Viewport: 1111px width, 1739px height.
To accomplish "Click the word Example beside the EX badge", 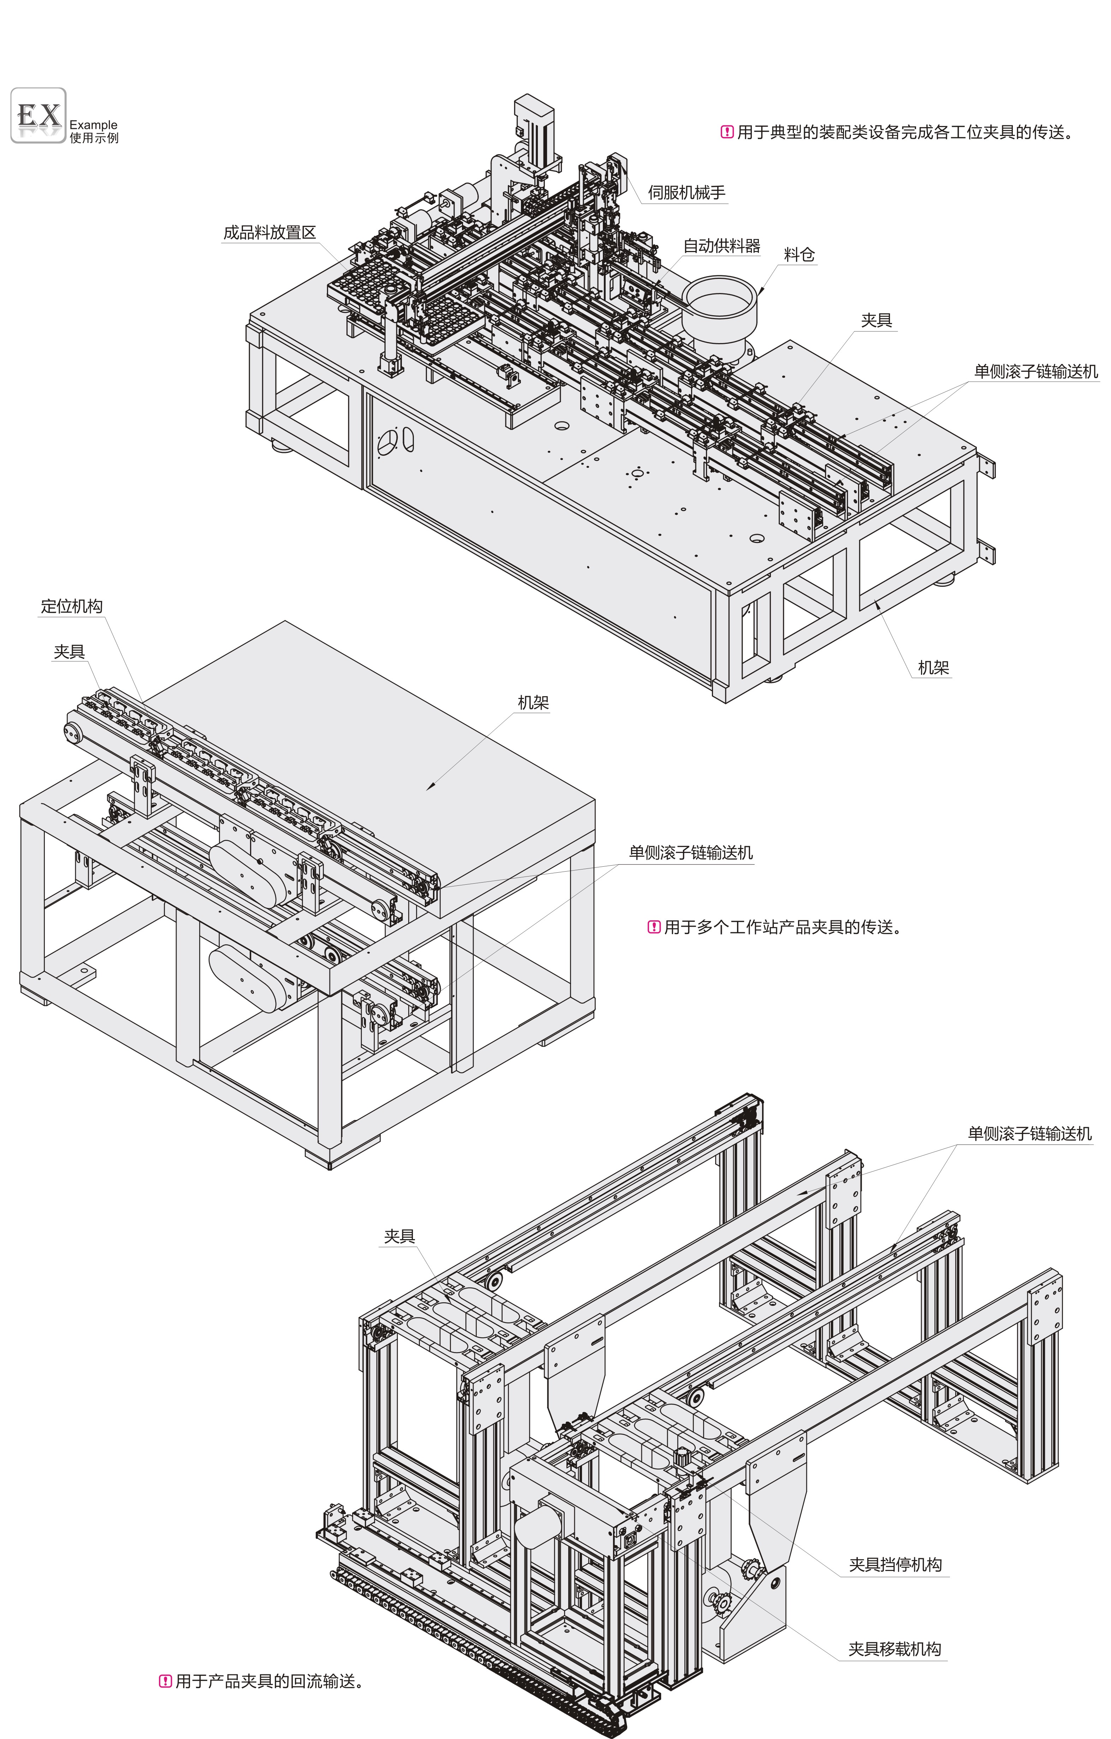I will [93, 125].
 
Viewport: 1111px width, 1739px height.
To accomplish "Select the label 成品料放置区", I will [269, 233].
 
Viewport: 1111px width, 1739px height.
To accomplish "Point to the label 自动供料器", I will [721, 246].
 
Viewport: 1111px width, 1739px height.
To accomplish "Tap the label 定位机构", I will [72, 606].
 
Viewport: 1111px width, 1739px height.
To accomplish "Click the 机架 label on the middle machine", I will [533, 703].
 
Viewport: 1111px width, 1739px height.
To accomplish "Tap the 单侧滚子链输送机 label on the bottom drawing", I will [1029, 1134].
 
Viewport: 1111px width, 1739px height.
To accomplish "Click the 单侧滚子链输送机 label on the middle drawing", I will [691, 853].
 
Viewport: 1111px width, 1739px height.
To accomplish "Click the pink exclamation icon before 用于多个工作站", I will [654, 927].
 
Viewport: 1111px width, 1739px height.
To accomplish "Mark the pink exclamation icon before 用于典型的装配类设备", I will [727, 132].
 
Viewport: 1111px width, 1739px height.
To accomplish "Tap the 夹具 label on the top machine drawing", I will [876, 320].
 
